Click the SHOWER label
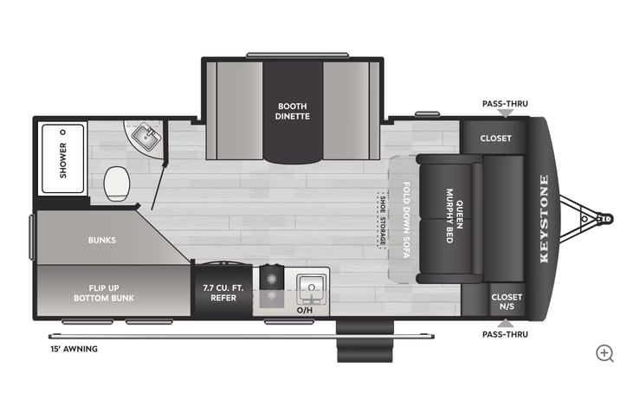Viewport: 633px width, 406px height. tap(63, 159)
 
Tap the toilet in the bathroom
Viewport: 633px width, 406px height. tap(116, 183)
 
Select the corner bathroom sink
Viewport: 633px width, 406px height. tap(143, 137)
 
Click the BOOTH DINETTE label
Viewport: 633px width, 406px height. tap(293, 111)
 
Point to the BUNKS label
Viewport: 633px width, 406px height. tap(102, 239)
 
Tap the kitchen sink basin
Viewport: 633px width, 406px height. tap(308, 285)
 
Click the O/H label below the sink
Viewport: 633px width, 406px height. tap(304, 309)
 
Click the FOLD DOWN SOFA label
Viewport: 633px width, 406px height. tap(406, 219)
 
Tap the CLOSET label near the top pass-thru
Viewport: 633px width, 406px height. tap(495, 138)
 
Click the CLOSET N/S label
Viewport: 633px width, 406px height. tap(507, 301)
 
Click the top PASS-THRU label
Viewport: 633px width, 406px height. tap(504, 104)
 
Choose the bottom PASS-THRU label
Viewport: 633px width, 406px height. tap(504, 334)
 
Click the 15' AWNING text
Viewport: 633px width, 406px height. tap(74, 349)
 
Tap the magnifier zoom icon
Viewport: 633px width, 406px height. tap(604, 352)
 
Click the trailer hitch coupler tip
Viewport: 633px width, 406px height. tap(605, 220)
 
